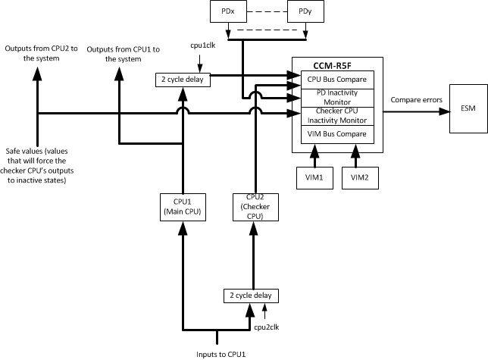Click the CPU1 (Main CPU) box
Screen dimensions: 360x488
point(182,207)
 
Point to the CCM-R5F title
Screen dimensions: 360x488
point(335,65)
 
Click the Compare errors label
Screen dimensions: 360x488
point(415,100)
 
